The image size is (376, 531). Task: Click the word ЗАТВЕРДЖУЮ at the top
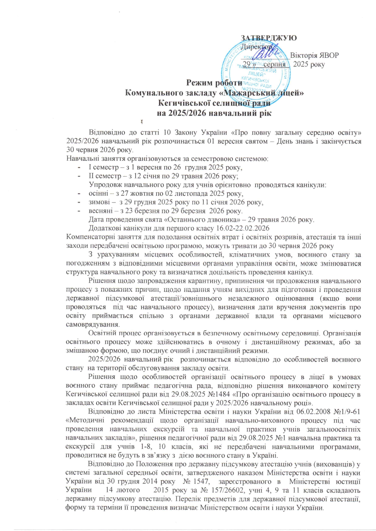269,38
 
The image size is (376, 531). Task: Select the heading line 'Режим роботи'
214,83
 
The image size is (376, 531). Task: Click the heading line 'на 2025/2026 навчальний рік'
214,113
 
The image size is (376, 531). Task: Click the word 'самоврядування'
92,324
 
